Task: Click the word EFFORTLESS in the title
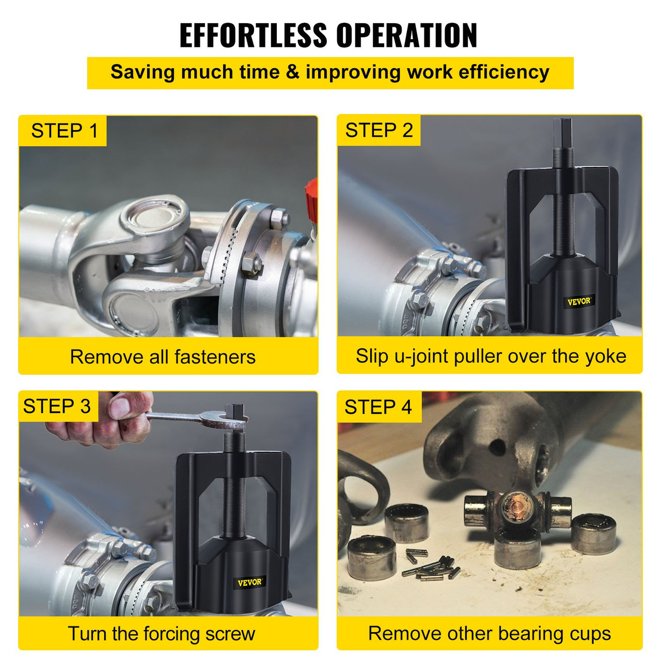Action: point(254,36)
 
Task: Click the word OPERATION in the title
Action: point(406,36)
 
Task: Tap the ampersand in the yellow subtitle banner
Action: point(292,72)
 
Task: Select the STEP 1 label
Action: point(64,131)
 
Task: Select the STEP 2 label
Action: point(379,131)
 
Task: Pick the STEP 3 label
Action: point(57,406)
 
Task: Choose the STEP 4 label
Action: point(378,407)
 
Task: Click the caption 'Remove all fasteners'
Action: point(163,357)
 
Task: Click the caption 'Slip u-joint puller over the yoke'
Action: point(491,356)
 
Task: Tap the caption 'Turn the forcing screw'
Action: point(162,634)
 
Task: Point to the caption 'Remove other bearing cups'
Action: point(489,633)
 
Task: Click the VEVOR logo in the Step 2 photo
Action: point(579,302)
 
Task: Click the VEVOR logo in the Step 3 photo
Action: point(250,582)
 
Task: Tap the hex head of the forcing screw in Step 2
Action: point(562,132)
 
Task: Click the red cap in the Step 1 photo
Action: point(311,194)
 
